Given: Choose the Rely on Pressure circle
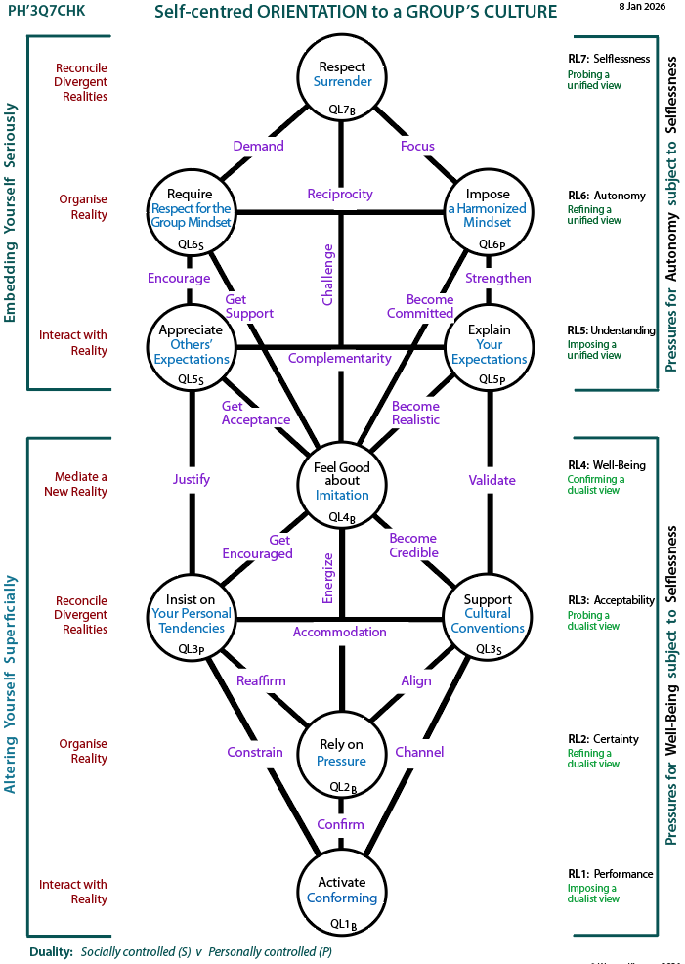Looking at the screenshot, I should pos(341,754).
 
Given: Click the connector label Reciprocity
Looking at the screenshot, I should pos(340,194).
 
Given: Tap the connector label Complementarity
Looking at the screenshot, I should pos(340,358).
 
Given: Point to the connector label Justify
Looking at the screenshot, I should pos(191,480).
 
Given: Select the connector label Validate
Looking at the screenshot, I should pos(492,480).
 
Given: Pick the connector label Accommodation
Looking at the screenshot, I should pos(340,632).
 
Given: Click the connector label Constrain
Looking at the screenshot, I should pos(255,752).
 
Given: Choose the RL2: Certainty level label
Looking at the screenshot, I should pos(603,739).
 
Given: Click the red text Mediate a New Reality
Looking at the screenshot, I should pos(75,484).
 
